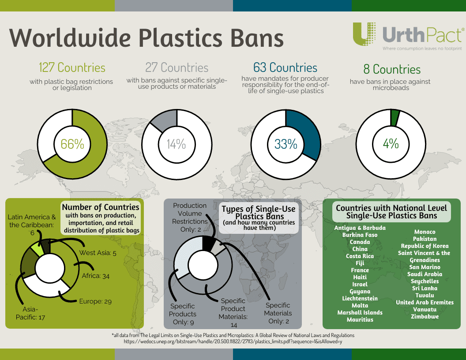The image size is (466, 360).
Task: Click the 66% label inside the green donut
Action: pos(72,144)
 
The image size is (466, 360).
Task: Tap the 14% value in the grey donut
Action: pos(176,144)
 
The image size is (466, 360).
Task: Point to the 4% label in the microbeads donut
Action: pos(391,144)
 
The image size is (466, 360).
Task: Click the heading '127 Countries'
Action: pos(72,67)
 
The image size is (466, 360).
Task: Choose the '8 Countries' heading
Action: pos(392,69)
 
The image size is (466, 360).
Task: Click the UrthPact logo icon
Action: pos(365,34)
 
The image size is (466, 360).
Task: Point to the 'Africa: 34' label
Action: pos(96,276)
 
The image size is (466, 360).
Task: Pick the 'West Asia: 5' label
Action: pos(98,253)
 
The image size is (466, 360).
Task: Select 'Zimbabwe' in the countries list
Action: pos(425,316)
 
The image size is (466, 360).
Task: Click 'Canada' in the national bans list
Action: pos(360,242)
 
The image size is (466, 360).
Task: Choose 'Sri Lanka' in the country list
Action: pos(425,288)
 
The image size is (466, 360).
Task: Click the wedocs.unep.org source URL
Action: pos(233,341)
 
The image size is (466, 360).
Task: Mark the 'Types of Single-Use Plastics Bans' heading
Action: pos(259,213)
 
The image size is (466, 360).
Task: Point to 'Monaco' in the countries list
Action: pos(425,232)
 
